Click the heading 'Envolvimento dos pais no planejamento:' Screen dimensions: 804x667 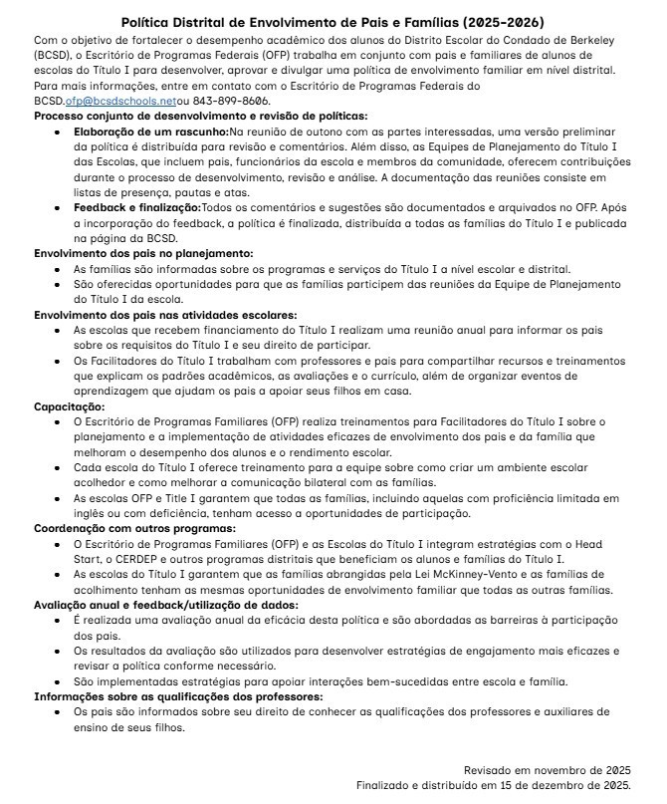(x=143, y=254)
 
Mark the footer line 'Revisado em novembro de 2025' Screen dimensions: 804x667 (x=547, y=770)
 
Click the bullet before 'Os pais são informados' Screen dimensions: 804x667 (x=60, y=712)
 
